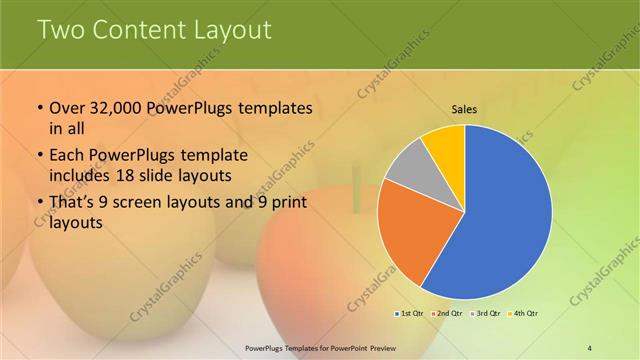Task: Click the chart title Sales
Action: pos(464,109)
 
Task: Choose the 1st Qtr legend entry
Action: pos(410,313)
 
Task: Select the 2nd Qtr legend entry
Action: pos(447,313)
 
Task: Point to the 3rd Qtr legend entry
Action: pos(485,313)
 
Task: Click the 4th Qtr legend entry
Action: pos(522,313)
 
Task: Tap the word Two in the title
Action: pos(61,30)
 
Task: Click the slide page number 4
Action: pos(590,347)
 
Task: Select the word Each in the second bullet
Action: pos(69,157)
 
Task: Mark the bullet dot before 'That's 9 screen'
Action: pos(39,205)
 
